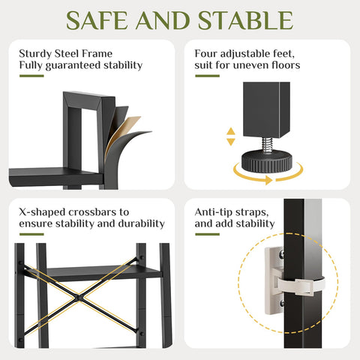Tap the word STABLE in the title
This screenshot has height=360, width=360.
point(245,21)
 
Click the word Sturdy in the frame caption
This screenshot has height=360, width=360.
point(35,54)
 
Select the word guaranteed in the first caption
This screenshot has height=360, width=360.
point(73,66)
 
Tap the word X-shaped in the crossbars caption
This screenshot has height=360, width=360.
point(42,212)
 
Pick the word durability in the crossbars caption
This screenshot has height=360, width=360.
point(141,223)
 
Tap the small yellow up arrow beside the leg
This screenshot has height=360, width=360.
point(231,131)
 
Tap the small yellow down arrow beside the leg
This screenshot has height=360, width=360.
point(231,142)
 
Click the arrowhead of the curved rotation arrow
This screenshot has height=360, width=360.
point(268,180)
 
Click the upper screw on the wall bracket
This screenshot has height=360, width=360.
point(282,254)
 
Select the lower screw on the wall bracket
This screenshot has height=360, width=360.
point(282,303)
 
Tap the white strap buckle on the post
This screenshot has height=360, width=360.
point(304,286)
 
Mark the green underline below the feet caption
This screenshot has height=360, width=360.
point(207,76)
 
